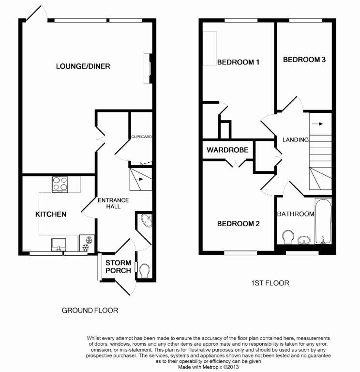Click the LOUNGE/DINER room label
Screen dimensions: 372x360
83,66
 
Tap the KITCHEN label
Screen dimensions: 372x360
50,214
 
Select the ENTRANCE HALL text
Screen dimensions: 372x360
113,203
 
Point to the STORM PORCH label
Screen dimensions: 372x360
119,266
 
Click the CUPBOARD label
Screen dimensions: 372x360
141,137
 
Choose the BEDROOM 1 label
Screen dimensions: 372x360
238,62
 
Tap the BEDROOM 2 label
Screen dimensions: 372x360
238,224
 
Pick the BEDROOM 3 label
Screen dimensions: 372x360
304,60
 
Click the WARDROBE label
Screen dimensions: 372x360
227,150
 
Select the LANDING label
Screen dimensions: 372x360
296,139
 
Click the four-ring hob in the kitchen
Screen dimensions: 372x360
60,184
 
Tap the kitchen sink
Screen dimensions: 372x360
59,243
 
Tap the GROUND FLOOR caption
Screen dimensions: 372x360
90,310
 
